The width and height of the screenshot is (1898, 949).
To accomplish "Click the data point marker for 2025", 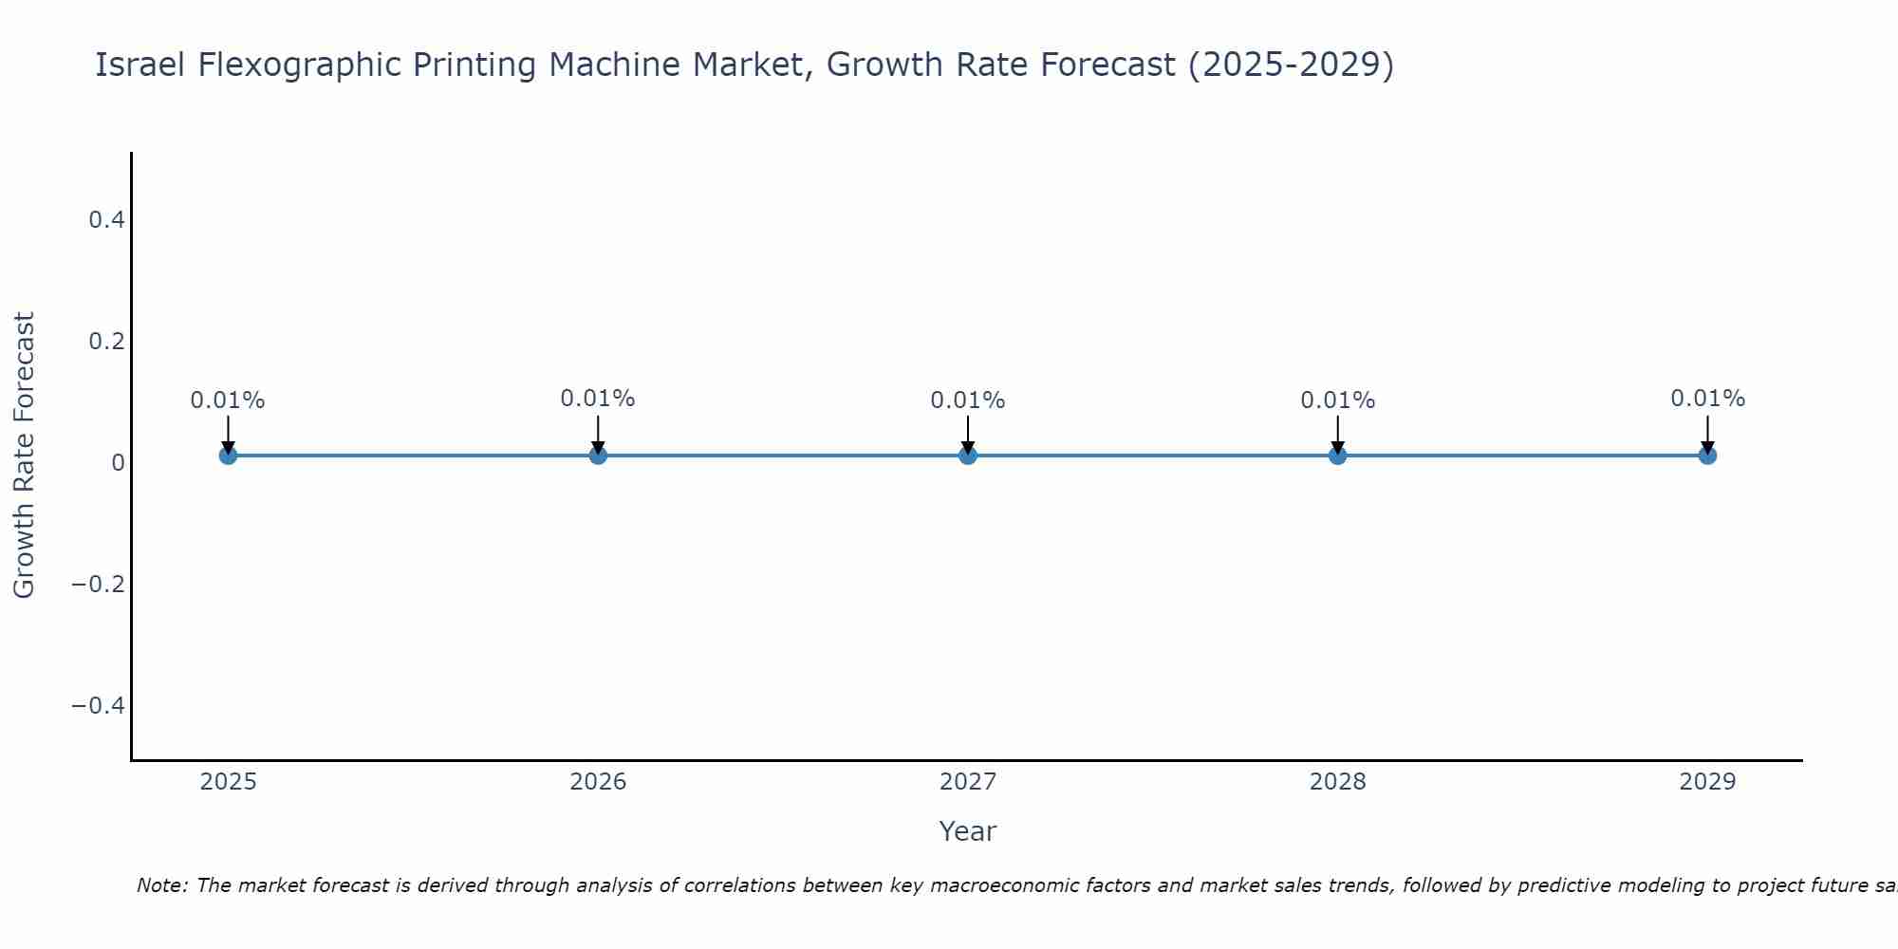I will tap(228, 456).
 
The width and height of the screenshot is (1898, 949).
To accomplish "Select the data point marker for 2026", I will tap(598, 456).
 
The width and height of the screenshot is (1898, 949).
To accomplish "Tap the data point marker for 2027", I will tap(968, 456).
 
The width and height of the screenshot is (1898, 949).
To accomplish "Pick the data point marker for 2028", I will tap(1337, 456).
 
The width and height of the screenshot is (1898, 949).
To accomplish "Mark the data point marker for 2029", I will tap(1707, 456).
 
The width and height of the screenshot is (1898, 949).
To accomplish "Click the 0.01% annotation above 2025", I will tap(228, 400).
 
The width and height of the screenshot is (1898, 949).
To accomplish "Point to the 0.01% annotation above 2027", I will tap(968, 400).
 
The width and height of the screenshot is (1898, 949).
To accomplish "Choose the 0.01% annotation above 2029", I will tap(1707, 399).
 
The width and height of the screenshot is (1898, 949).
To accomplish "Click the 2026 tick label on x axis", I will tap(598, 782).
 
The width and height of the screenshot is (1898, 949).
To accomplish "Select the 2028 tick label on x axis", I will tap(1337, 782).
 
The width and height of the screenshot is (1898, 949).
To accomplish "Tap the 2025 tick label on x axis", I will tap(229, 782).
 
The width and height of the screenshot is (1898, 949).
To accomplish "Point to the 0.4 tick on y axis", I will tap(106, 220).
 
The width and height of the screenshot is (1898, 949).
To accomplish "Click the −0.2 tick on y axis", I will tap(98, 584).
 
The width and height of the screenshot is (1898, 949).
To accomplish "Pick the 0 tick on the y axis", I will tap(119, 463).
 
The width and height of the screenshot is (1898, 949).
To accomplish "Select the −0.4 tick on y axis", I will tap(98, 705).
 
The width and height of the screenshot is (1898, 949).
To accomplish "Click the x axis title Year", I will tap(967, 831).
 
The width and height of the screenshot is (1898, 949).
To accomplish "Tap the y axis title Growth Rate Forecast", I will tap(24, 455).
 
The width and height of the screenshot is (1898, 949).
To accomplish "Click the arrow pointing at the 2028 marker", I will tap(1337, 435).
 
